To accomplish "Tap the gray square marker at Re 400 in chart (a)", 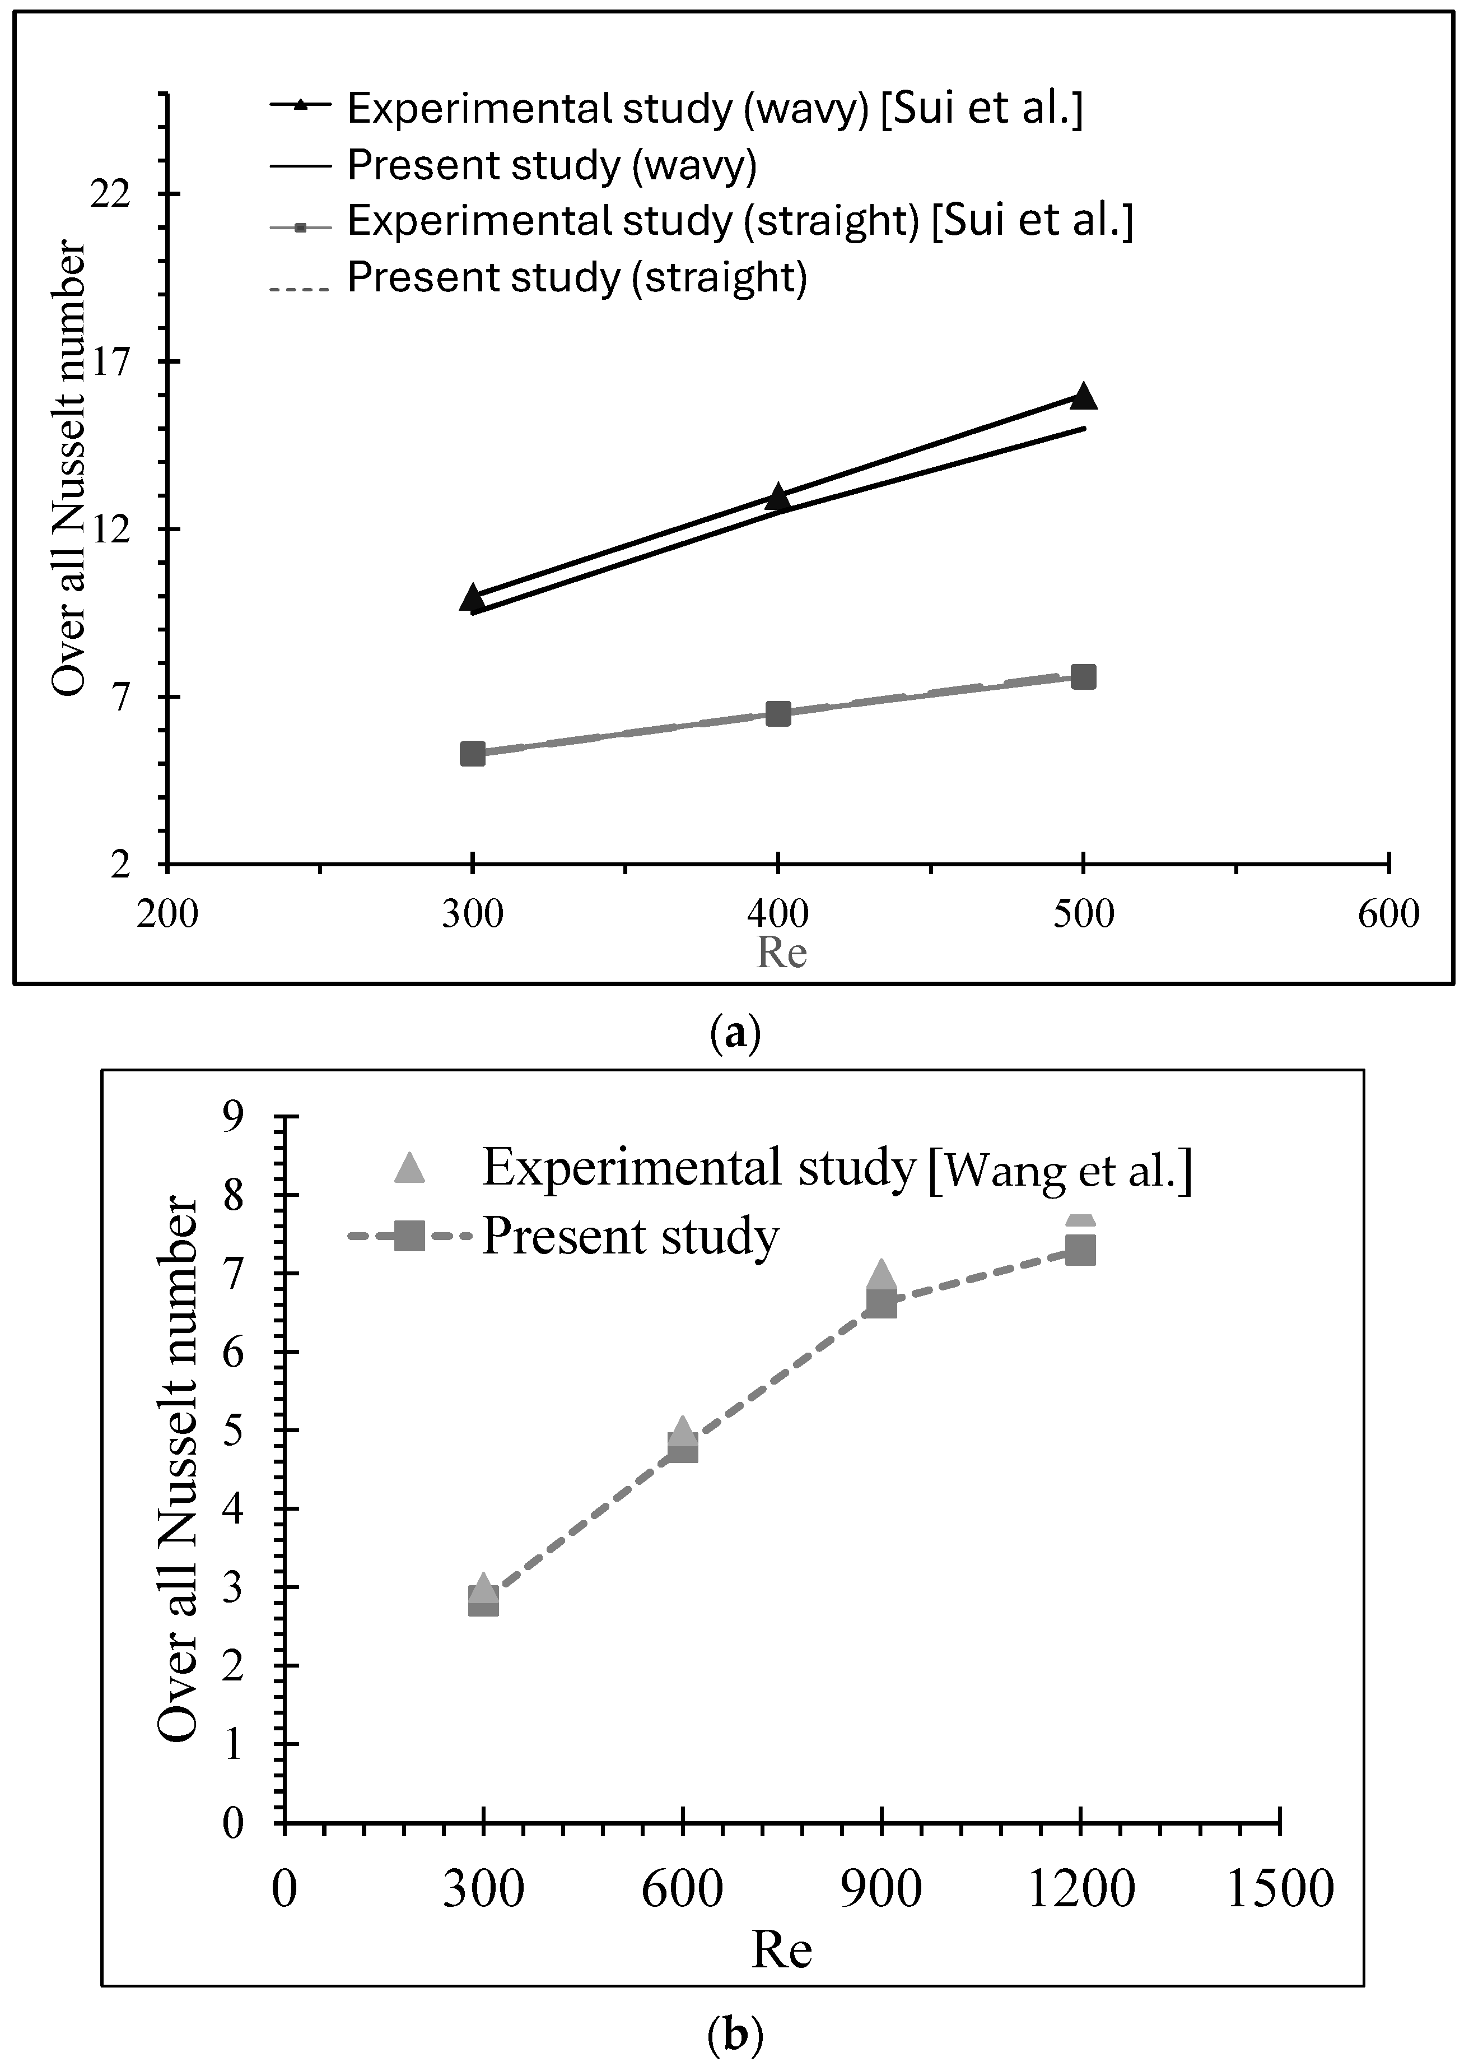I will coord(778,714).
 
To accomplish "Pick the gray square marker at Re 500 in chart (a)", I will coord(1083,677).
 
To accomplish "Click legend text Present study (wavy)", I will coord(552,165).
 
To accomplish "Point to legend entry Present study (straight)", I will coord(577,278).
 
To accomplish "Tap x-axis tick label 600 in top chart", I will coord(1388,914).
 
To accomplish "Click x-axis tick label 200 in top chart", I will coord(167,914).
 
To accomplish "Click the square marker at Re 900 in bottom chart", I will coord(881,1304).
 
